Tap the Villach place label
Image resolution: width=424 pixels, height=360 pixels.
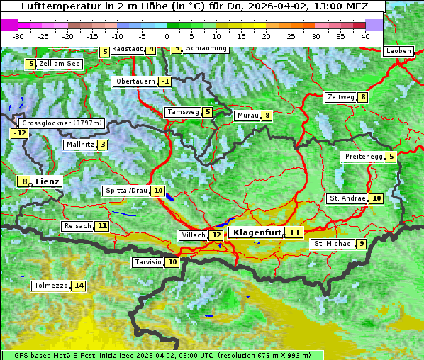pyautogui.click(x=193, y=235)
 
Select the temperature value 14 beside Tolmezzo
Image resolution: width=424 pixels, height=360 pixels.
pyautogui.click(x=79, y=286)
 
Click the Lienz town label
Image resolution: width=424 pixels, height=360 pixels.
pyautogui.click(x=48, y=181)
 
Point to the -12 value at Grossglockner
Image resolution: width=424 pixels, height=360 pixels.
pyautogui.click(x=19, y=133)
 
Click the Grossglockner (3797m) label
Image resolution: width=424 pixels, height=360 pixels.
pyautogui.click(x=62, y=123)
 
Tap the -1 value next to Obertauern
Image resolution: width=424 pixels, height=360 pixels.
pyautogui.click(x=165, y=81)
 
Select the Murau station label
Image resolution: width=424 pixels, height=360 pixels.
pyautogui.click(x=247, y=116)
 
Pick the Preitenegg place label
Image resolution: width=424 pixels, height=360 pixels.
pyautogui.click(x=364, y=157)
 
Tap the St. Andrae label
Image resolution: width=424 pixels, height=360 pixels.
pyautogui.click(x=347, y=198)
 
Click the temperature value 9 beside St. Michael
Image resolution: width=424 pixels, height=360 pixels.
pyautogui.click(x=362, y=244)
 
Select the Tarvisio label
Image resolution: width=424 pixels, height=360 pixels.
pyautogui.click(x=148, y=262)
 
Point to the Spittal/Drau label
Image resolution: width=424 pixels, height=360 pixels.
pyautogui.click(x=126, y=191)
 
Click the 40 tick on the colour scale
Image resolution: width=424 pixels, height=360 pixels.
pyautogui.click(x=365, y=35)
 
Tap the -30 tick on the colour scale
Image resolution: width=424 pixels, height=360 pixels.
pyautogui.click(x=18, y=35)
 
